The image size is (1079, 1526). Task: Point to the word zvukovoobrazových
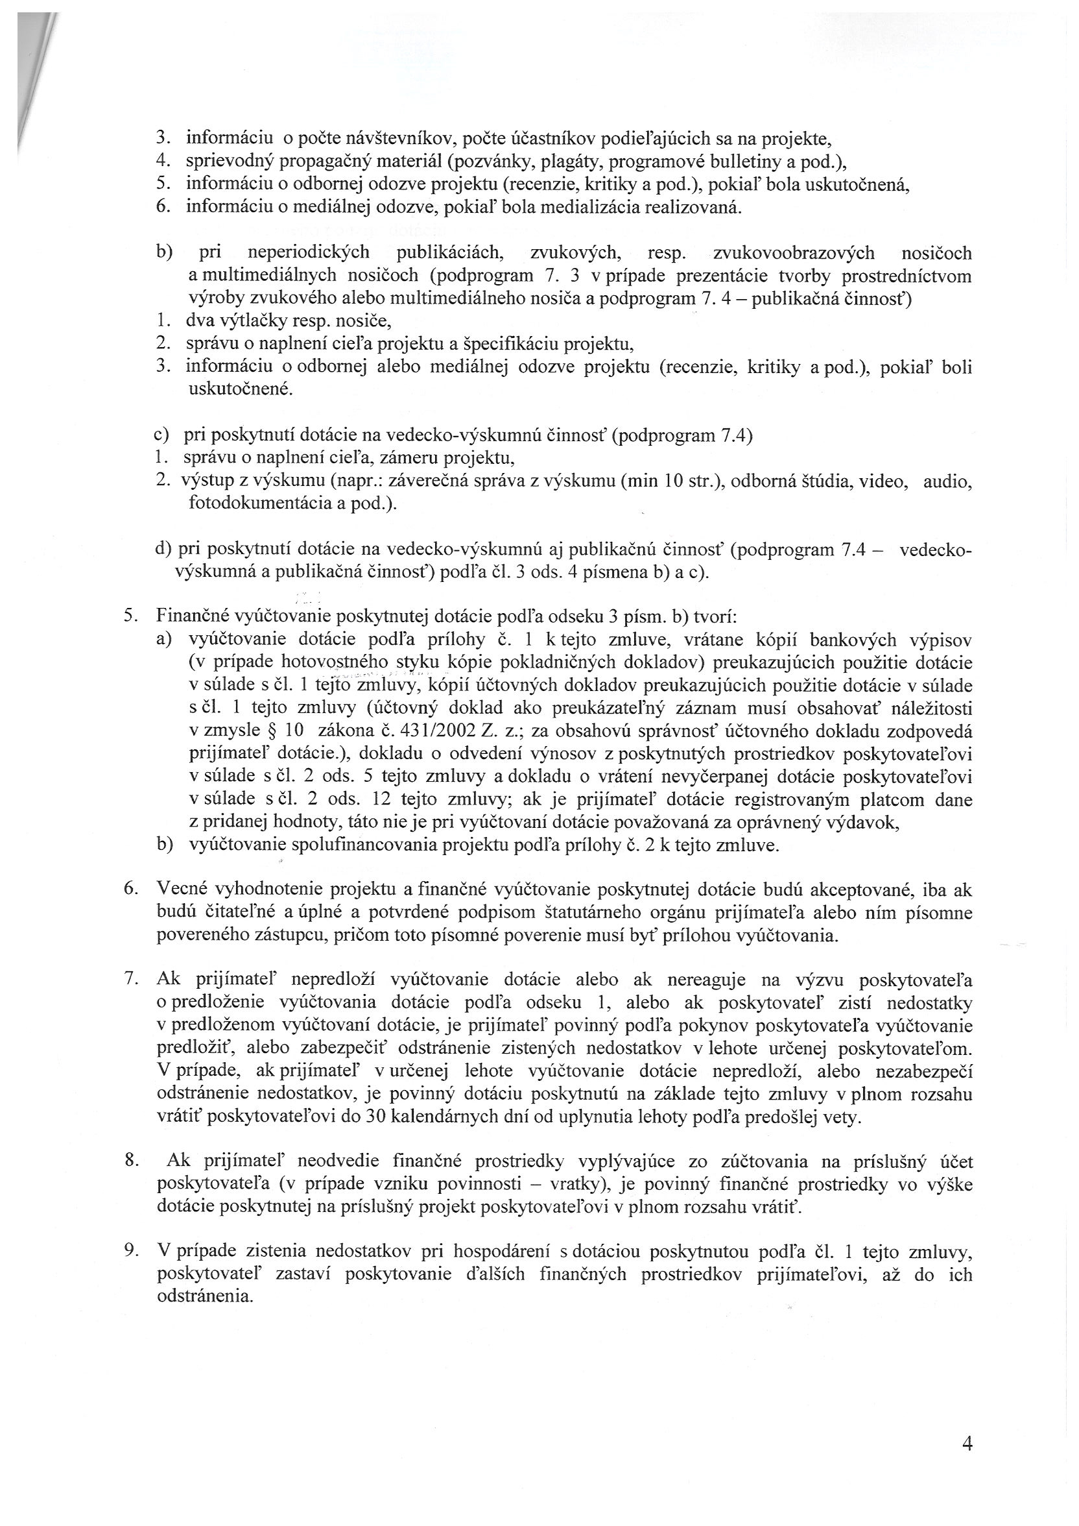[x=792, y=253]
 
